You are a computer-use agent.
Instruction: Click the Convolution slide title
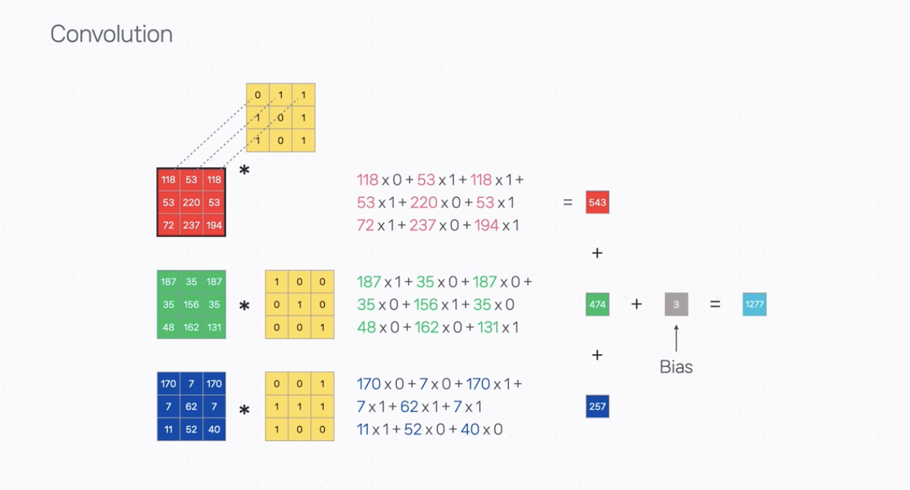[x=111, y=34]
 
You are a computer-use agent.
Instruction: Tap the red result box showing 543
[x=597, y=203]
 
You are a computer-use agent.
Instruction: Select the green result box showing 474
[x=597, y=305]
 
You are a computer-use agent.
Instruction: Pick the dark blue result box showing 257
[x=597, y=407]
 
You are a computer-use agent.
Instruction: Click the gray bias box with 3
[x=676, y=305]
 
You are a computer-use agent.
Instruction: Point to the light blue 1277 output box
[x=755, y=305]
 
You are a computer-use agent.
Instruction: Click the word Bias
[x=676, y=367]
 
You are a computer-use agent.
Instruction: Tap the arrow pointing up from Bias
[x=676, y=338]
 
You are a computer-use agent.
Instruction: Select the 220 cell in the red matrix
[x=191, y=203]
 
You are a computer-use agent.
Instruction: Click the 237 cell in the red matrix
[x=191, y=226]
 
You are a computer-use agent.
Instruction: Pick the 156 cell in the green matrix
[x=191, y=305]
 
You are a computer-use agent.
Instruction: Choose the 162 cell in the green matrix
[x=191, y=328]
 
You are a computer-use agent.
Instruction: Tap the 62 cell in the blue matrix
[x=191, y=407]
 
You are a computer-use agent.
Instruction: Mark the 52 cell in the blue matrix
[x=191, y=430]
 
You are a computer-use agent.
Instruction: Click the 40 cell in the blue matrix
[x=214, y=430]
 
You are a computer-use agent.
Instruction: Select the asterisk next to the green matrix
[x=244, y=307]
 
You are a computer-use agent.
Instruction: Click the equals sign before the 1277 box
[x=715, y=305]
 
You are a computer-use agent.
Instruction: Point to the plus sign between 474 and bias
[x=636, y=305]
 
